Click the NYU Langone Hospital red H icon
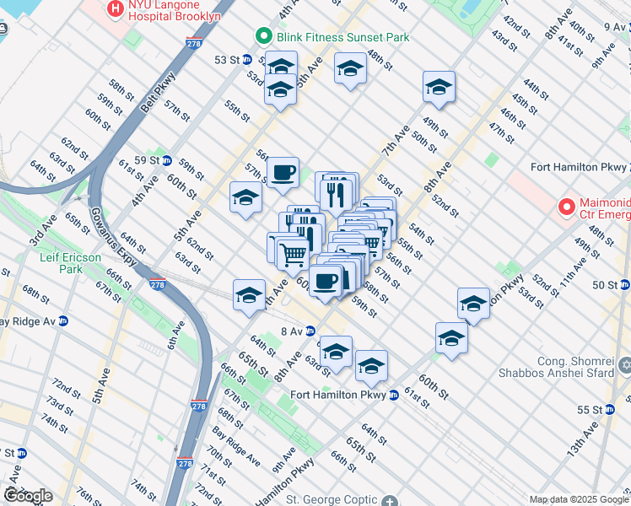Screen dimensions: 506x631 [115, 10]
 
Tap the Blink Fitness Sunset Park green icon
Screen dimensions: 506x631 [264, 37]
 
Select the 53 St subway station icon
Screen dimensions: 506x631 [247, 60]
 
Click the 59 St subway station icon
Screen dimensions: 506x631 [167, 160]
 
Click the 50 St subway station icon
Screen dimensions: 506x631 [623, 285]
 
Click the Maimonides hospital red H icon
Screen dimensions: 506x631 [566, 206]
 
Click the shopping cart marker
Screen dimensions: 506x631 [292, 253]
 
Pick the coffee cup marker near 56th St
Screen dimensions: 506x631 [283, 172]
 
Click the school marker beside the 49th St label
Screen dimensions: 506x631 [439, 87]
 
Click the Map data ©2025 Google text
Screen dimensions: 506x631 [578, 499]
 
